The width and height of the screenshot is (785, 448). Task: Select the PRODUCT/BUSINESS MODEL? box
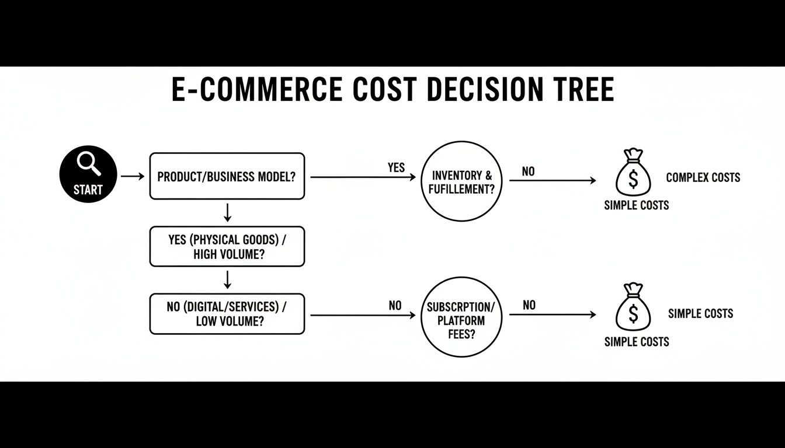click(227, 176)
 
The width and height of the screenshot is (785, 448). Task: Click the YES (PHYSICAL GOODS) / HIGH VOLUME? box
click(227, 246)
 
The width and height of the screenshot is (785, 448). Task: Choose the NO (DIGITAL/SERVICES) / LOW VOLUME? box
click(227, 314)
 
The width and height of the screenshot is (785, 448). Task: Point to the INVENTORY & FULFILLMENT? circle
click(461, 181)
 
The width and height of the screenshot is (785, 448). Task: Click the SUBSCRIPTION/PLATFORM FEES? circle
click(461, 317)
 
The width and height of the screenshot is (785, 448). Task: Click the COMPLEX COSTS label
click(703, 177)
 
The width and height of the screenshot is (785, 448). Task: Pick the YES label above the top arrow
click(396, 167)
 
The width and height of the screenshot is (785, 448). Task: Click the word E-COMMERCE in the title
click(256, 90)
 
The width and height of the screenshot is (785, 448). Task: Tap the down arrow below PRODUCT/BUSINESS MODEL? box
click(228, 212)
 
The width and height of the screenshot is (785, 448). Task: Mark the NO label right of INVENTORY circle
click(529, 171)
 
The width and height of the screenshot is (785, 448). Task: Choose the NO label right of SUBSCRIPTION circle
click(529, 305)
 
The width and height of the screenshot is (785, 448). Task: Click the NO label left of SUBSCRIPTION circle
click(395, 305)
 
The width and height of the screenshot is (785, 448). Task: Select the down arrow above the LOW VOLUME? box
click(228, 280)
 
